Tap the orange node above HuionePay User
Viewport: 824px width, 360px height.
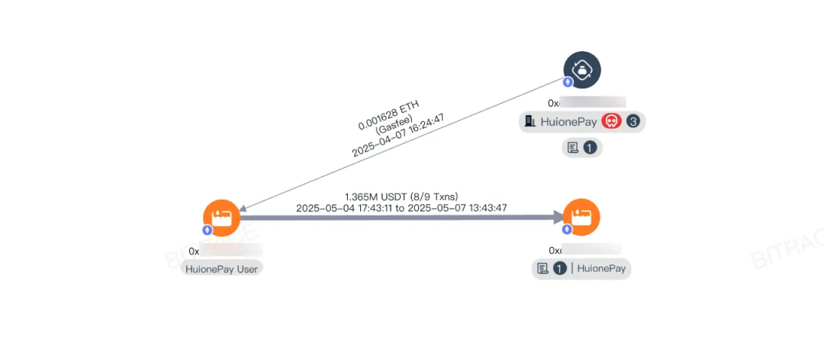(x=221, y=217)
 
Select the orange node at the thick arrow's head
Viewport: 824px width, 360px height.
(x=581, y=217)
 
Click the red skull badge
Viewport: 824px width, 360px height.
(x=611, y=121)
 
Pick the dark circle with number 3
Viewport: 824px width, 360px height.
(x=633, y=121)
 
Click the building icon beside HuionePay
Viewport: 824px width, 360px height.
(x=530, y=121)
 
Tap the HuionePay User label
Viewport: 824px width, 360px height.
(x=221, y=268)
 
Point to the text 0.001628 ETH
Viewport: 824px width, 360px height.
(x=388, y=114)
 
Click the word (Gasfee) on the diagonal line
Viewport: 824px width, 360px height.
(x=394, y=124)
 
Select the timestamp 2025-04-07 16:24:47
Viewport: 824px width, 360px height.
(x=398, y=135)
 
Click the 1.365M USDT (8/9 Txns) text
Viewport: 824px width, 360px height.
(x=401, y=196)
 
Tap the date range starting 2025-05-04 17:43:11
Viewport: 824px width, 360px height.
(x=401, y=207)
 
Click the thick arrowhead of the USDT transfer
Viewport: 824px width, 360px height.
(x=558, y=217)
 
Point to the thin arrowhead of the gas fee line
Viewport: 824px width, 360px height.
(x=244, y=207)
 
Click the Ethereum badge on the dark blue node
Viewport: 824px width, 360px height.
(x=568, y=82)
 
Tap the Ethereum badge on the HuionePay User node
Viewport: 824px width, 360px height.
(x=207, y=230)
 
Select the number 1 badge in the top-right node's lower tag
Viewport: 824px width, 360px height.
(x=589, y=148)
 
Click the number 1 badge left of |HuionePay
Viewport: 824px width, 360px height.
(x=560, y=268)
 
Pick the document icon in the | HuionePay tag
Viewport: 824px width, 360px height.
(x=542, y=268)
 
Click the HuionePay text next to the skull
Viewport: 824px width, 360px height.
(x=568, y=121)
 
